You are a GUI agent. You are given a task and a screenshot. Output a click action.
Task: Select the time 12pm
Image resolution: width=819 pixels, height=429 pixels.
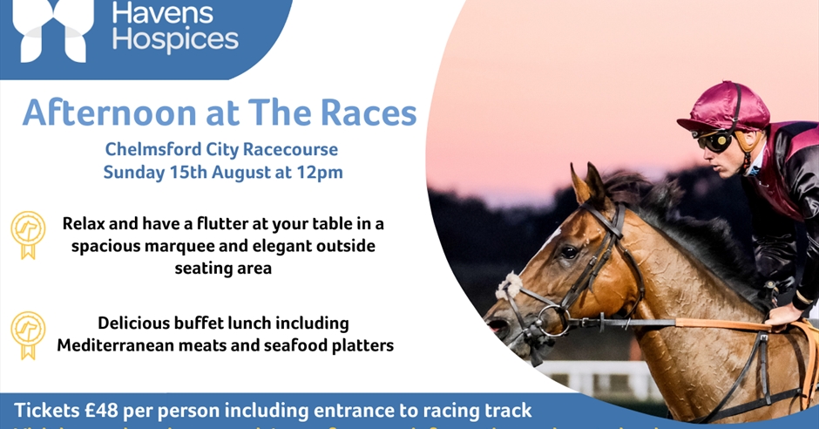point(319,172)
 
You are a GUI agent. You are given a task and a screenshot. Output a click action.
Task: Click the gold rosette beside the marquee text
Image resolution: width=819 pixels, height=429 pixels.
point(28,233)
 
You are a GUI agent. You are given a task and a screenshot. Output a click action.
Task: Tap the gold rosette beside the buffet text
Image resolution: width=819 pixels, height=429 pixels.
point(28,333)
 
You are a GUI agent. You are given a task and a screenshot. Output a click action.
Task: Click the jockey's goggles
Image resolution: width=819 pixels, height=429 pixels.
point(714,140)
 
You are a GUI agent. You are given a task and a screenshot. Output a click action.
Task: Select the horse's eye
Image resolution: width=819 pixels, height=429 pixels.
point(569,252)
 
